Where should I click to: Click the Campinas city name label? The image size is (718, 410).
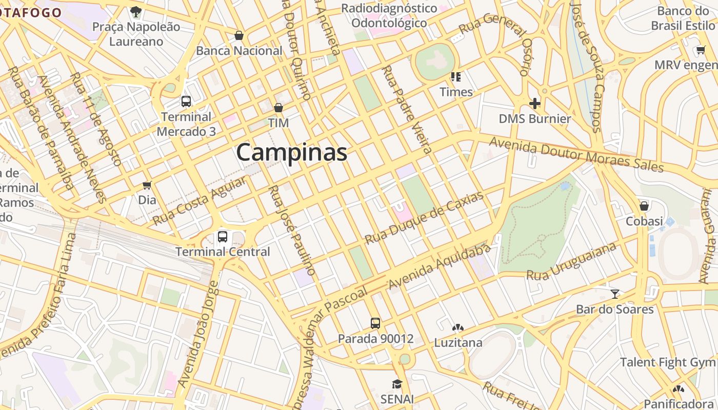tap(291, 153)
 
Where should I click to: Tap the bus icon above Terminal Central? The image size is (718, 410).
tap(223, 237)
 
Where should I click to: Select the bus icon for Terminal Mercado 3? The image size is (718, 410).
tap(186, 101)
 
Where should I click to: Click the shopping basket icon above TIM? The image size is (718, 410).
tap(278, 108)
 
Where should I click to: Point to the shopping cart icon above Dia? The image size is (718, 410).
tap(147, 185)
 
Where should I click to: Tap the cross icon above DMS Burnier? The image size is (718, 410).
tap(535, 104)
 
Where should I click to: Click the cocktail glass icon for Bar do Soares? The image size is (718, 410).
tap(615, 294)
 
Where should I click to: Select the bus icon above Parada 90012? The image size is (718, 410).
tap(375, 323)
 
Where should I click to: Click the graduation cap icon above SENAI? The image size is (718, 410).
tap(397, 384)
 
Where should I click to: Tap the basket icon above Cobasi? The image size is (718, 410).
tap(644, 206)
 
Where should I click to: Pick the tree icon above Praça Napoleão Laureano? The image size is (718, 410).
tap(136, 11)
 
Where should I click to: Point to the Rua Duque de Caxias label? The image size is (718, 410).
tap(424, 218)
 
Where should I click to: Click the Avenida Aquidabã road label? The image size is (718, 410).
tap(440, 266)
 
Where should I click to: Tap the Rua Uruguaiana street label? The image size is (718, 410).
tap(571, 261)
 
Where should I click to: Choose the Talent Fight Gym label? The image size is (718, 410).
tap(667, 362)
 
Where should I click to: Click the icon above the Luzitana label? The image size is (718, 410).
tap(457, 327)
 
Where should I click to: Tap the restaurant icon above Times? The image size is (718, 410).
tap(456, 77)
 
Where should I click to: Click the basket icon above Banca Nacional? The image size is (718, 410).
tap(239, 35)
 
